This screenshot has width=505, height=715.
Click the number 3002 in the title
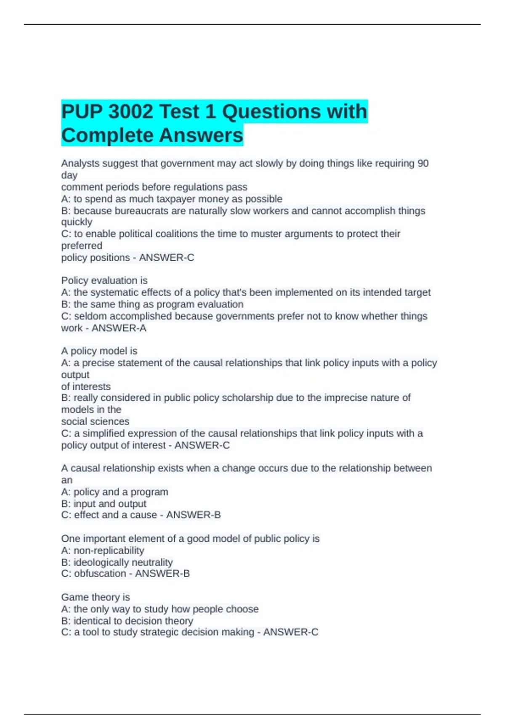(130, 112)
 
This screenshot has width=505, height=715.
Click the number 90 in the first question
(423, 163)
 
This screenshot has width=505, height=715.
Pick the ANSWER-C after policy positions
(167, 257)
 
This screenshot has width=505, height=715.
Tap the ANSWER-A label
(119, 328)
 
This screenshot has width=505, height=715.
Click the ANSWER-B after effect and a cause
(193, 515)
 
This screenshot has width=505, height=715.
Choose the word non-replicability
(109, 551)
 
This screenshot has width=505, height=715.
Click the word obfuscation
(100, 574)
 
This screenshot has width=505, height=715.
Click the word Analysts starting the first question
(78, 163)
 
